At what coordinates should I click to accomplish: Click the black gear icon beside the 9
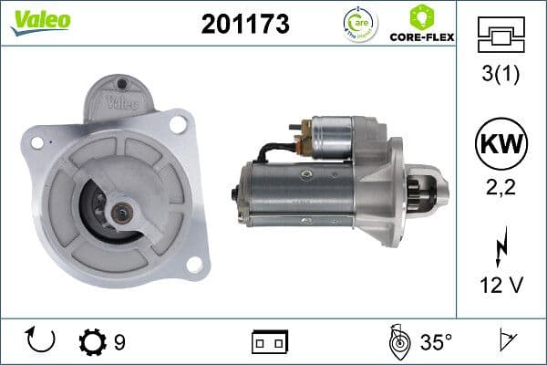92,341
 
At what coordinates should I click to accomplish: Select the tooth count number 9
119,342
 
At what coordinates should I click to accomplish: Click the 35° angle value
436,342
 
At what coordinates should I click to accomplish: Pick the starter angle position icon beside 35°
397,341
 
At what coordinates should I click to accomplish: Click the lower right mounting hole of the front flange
192,264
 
